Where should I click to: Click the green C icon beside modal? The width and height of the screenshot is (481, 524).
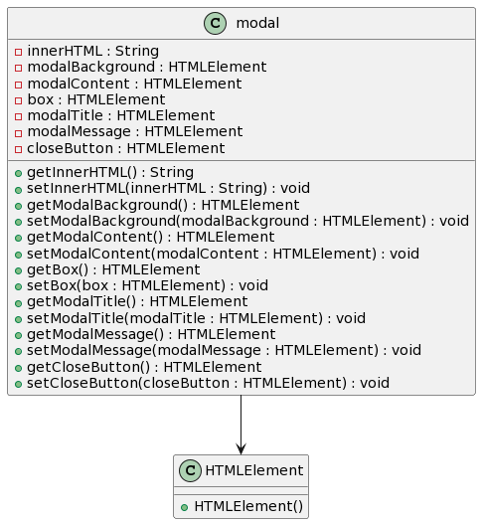coord(215,23)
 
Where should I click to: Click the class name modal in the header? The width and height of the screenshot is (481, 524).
coord(257,23)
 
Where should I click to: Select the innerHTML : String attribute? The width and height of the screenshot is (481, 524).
coord(92,51)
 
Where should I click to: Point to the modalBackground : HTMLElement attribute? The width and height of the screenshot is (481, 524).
coord(147,67)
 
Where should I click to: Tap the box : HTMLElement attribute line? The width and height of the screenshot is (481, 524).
coord(96,99)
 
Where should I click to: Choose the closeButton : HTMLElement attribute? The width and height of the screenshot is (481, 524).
coord(126,148)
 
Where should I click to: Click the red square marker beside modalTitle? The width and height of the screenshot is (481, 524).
coord(18,116)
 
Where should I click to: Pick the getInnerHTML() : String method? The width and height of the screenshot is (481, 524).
coord(110,172)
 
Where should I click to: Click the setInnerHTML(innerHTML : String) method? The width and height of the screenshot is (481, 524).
coord(168,188)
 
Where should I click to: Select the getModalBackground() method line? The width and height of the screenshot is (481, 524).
coord(163,205)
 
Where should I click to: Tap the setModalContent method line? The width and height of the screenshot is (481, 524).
coord(224,254)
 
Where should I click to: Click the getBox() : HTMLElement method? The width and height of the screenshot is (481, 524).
coord(113,269)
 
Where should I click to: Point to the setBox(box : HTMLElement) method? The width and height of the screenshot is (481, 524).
coord(147,285)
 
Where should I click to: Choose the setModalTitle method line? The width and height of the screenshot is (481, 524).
coord(196,318)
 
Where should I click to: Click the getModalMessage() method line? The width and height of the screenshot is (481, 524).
coord(151,334)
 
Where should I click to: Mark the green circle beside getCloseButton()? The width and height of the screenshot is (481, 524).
coord(18,368)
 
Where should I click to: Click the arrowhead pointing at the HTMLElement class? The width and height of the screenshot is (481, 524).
coord(240,448)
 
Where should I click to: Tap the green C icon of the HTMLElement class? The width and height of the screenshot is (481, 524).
coord(190,470)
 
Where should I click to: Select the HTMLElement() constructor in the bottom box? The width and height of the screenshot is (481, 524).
coord(248,506)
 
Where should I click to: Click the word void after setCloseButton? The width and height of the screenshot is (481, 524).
coord(375,383)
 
